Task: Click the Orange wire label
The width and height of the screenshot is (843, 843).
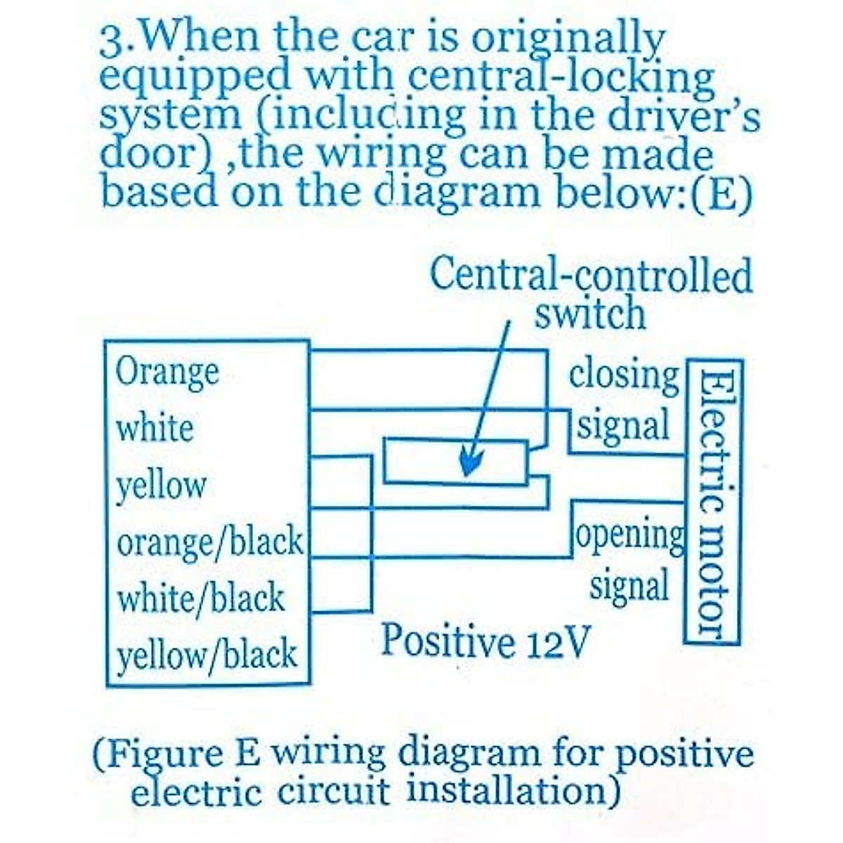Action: [167, 372]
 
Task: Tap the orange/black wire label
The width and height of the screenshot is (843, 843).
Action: [210, 542]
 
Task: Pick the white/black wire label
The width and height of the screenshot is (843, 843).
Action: [201, 599]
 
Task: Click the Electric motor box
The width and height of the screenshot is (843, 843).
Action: [712, 502]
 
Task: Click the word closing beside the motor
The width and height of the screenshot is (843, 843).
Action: [624, 376]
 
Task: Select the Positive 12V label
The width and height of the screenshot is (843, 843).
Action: [483, 641]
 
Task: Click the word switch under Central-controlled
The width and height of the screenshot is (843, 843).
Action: [590, 314]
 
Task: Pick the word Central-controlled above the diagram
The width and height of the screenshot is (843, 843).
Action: [590, 275]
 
